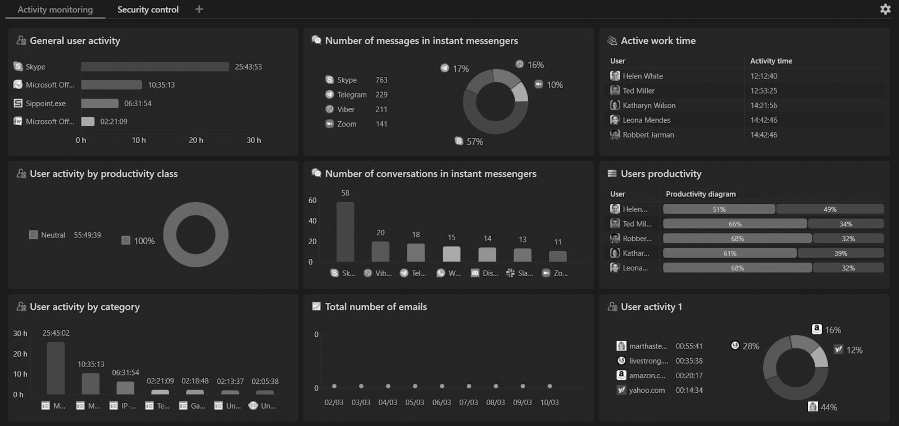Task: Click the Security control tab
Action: tap(148, 10)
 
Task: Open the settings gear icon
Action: tap(885, 9)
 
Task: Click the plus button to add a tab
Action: tap(199, 9)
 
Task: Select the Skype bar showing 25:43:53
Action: tap(155, 67)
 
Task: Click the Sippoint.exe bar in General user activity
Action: tap(99, 103)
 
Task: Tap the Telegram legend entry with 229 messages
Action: tap(352, 95)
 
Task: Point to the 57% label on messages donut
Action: tap(474, 142)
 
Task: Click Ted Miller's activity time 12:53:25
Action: tap(764, 91)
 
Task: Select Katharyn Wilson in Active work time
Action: tap(649, 106)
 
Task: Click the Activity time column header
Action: tap(771, 61)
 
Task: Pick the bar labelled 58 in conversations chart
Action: tap(345, 232)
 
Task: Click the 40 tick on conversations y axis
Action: tap(312, 221)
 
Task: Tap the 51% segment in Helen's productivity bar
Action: tap(719, 209)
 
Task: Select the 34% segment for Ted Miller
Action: tap(846, 224)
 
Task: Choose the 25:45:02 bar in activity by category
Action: tap(56, 368)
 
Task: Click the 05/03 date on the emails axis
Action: tap(415, 402)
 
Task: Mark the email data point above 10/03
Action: tap(550, 386)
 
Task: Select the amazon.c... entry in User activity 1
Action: tap(647, 375)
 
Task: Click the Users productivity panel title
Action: tap(661, 174)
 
